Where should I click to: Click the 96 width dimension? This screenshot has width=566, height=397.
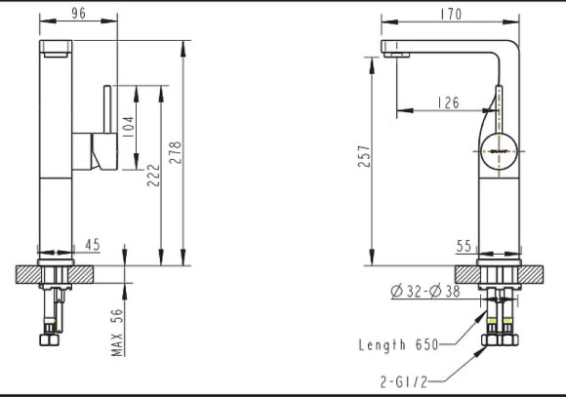[79, 15]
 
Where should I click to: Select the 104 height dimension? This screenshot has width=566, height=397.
[127, 125]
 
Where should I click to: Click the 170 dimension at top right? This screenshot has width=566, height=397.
[450, 15]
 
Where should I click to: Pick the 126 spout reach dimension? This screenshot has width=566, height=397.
[448, 101]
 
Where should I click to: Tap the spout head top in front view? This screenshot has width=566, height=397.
[56, 47]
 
